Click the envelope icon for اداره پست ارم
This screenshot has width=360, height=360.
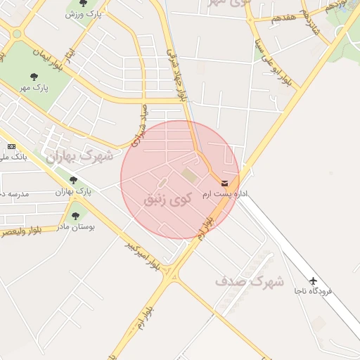[224, 183]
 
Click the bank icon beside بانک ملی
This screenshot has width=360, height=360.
[11, 146]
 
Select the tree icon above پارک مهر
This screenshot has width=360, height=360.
[33, 77]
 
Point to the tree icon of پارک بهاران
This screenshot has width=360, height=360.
[73, 180]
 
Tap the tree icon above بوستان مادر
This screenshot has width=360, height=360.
[75, 216]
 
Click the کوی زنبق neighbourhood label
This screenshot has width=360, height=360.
[167, 200]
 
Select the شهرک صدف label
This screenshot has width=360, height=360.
[249, 281]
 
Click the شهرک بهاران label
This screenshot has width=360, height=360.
[79, 156]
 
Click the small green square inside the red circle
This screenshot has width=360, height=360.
[188, 173]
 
